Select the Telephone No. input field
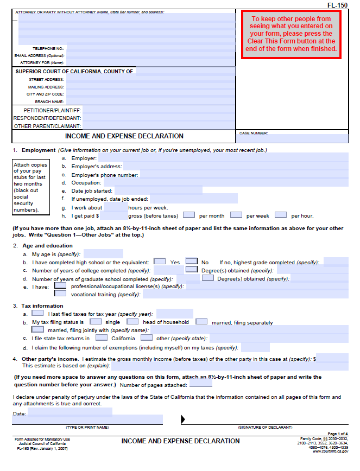click(x=150, y=48)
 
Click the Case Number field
click(x=292, y=139)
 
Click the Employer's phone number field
click(x=244, y=175)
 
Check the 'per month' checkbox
click(x=190, y=215)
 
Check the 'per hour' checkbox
click(x=281, y=215)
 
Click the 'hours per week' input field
click(x=115, y=207)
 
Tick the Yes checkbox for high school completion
click(x=160, y=262)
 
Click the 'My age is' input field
click(x=103, y=253)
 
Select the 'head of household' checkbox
click(x=132, y=322)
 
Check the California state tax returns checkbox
click(x=101, y=338)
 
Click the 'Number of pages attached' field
click(x=200, y=384)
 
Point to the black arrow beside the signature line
click(x=183, y=419)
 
